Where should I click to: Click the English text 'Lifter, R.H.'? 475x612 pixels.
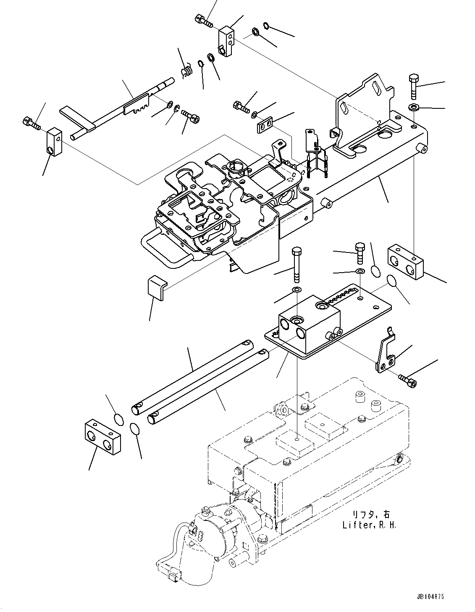click(369, 525)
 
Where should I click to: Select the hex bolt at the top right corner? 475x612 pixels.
click(413, 86)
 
